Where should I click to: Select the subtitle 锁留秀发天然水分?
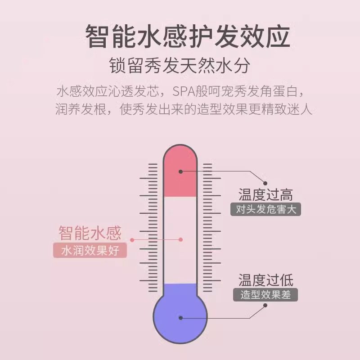pos(180,67)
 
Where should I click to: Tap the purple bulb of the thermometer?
pos(180,317)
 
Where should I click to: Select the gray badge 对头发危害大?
pos(265,210)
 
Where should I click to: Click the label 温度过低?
pos(265,280)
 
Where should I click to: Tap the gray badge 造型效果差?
pos(265,296)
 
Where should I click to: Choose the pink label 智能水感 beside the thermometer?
pos(90,234)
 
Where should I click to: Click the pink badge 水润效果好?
pos(90,250)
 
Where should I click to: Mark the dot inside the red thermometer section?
pos(180,171)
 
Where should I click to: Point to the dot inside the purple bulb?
pos(180,318)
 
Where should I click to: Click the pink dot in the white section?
pos(180,240)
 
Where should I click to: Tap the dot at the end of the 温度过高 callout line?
pos(265,183)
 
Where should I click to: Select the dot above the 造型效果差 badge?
pos(265,306)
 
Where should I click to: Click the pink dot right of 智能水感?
pos(133,234)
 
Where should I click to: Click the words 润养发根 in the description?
pos(81,111)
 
